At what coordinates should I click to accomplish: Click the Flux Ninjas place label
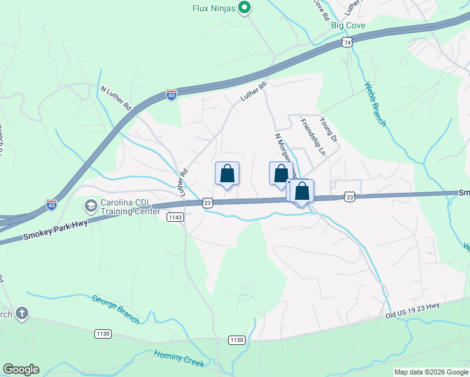pos(213,8)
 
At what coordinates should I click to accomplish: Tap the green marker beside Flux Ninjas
pos(245,8)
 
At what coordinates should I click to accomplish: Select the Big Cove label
pos(347,26)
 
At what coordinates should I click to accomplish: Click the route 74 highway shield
pos(347,42)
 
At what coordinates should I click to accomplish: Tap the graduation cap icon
pos(91,206)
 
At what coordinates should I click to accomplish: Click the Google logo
pos(21,369)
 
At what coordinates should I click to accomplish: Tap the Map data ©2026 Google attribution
pos(431,372)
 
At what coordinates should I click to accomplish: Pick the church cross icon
pos(21,314)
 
